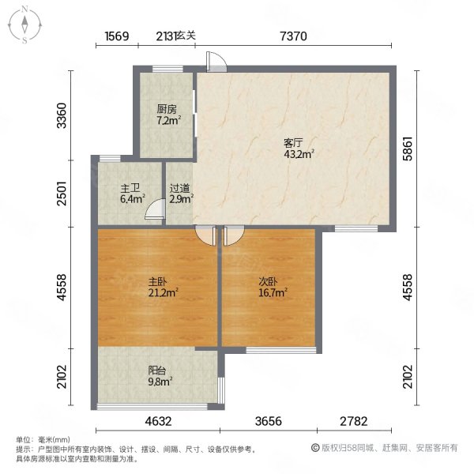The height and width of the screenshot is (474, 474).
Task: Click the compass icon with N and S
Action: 25,24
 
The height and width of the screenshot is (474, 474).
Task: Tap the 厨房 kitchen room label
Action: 165,110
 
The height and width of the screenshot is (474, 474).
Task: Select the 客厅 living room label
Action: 294,143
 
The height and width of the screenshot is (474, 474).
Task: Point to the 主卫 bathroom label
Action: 130,188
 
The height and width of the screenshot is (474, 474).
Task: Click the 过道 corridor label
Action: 179,188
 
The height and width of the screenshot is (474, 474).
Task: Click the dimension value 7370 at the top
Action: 293,36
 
